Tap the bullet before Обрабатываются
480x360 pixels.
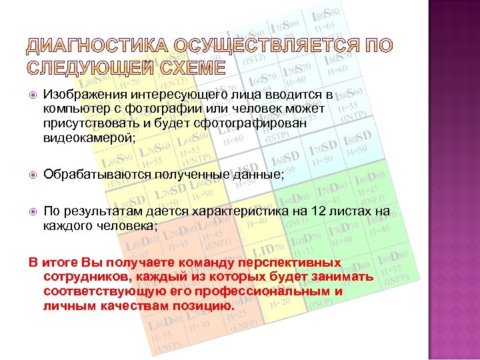33,175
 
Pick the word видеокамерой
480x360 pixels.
87,137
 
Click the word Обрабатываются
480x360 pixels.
97,174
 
